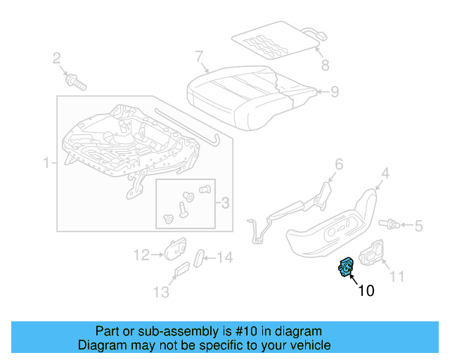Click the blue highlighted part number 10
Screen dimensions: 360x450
tap(347, 267)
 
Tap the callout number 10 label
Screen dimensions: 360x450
tap(366, 290)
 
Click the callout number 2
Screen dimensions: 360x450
tap(57, 58)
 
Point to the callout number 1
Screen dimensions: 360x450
tap(47, 164)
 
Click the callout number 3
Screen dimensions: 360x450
tap(224, 203)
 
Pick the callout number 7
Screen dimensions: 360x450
tap(199, 56)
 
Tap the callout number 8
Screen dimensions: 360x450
tap(324, 66)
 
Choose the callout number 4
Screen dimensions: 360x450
tap(385, 173)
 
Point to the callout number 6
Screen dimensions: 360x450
tap(338, 165)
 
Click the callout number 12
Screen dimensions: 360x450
tap(141, 255)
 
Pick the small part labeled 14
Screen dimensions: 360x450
tap(199, 257)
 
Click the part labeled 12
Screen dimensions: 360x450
tap(174, 249)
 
